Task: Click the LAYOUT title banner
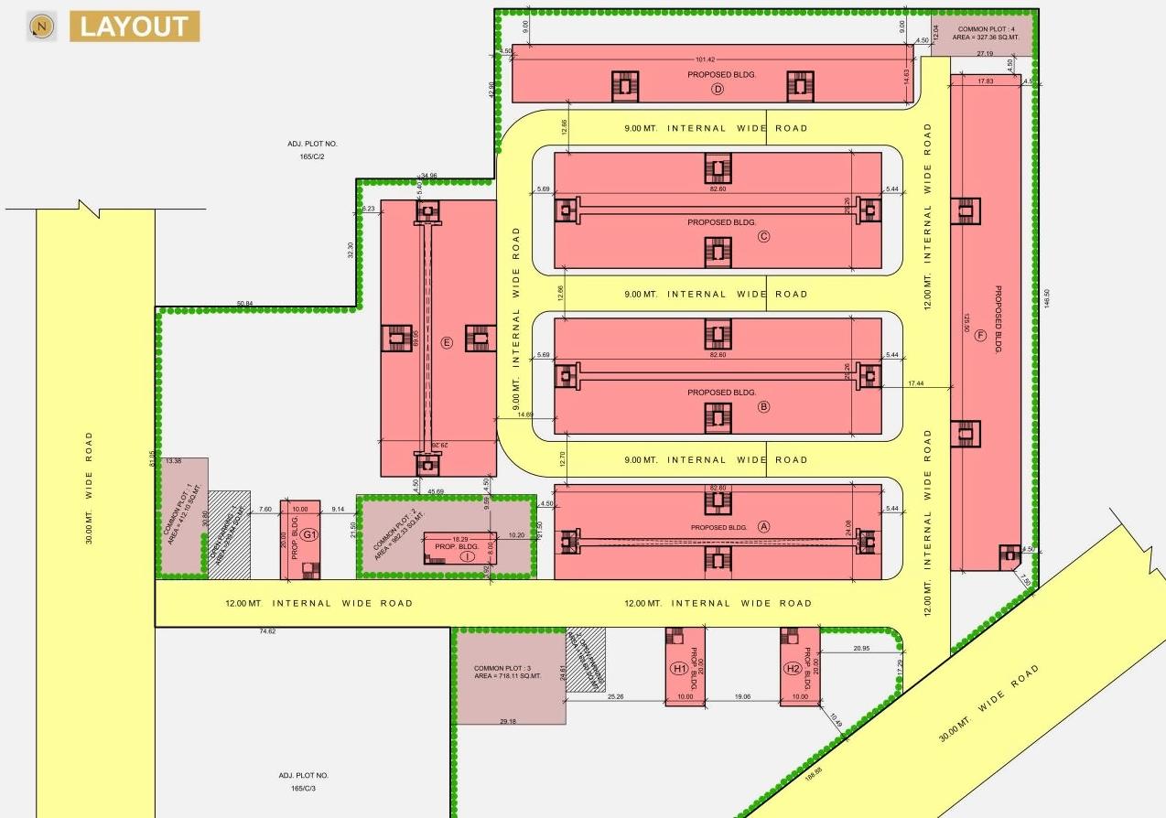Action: [x=135, y=27]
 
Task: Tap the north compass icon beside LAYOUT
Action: [x=39, y=27]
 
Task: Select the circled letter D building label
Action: [x=718, y=89]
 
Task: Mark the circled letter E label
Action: [x=447, y=343]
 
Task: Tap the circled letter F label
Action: [x=981, y=336]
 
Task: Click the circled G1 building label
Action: [x=309, y=534]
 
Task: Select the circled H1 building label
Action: [x=679, y=669]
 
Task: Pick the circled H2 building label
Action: [x=793, y=669]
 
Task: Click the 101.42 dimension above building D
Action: [x=705, y=59]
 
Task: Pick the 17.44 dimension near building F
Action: [x=914, y=382]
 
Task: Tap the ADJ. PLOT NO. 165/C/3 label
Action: [x=303, y=781]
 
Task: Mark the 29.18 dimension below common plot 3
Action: [x=508, y=722]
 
